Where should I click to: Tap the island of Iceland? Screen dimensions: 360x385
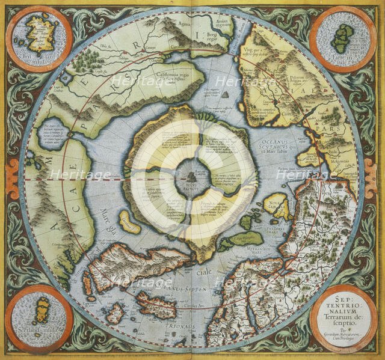click(x=155, y=303)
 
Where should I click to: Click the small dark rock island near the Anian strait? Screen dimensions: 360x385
click(x=224, y=94)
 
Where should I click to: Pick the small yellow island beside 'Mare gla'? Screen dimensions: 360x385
click(x=128, y=222)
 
